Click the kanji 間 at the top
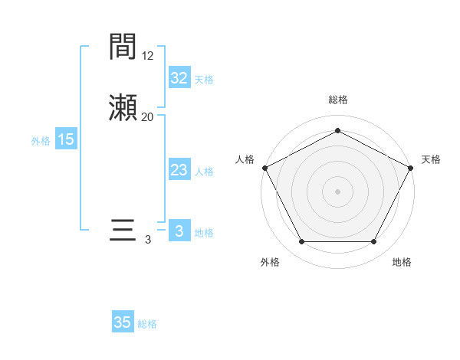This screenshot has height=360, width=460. (123, 47)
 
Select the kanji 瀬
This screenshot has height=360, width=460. (123, 109)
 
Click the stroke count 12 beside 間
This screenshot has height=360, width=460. (148, 55)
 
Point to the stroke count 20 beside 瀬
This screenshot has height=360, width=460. (148, 116)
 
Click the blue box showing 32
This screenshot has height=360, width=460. (179, 78)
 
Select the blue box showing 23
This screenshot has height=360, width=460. (179, 170)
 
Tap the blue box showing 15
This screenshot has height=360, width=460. (66, 139)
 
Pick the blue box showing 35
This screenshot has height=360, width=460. (123, 322)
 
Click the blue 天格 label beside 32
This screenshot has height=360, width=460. (204, 80)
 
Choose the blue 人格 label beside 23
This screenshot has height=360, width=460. (204, 172)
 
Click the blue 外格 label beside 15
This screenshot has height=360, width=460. (41, 141)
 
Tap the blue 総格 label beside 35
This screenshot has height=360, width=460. (147, 324)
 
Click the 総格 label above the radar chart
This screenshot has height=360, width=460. (337, 100)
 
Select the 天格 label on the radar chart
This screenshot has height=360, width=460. (431, 159)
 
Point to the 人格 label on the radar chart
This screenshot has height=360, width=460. (245, 159)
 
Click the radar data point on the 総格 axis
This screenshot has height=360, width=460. (337, 131)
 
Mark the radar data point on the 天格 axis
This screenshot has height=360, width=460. (411, 167)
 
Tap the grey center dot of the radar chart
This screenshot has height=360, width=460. (337, 191)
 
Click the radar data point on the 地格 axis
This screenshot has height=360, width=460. (373, 241)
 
